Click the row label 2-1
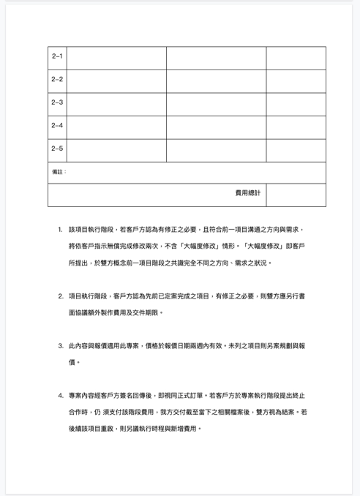[x=57, y=56]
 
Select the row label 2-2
[x=57, y=79]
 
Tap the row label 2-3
[x=57, y=102]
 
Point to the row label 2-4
[x=57, y=125]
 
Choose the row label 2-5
[x=57, y=149]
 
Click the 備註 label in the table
[x=59, y=172]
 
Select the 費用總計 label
[x=247, y=193]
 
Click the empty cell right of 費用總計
[x=296, y=195]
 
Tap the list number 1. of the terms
[x=60, y=229]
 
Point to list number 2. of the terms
[x=60, y=296]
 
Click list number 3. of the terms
[x=60, y=345]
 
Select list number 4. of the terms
[x=60, y=395]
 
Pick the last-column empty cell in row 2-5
[x=296, y=150]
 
